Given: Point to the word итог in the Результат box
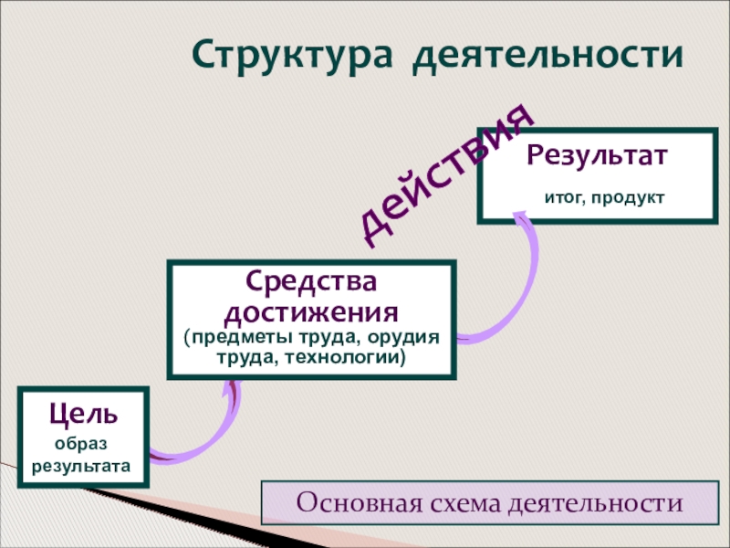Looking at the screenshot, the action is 559,197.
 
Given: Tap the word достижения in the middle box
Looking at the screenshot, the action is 311,313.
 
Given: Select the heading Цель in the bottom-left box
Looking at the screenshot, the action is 83,414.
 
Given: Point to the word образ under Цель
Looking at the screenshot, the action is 81,444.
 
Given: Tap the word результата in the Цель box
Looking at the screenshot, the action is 82,466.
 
